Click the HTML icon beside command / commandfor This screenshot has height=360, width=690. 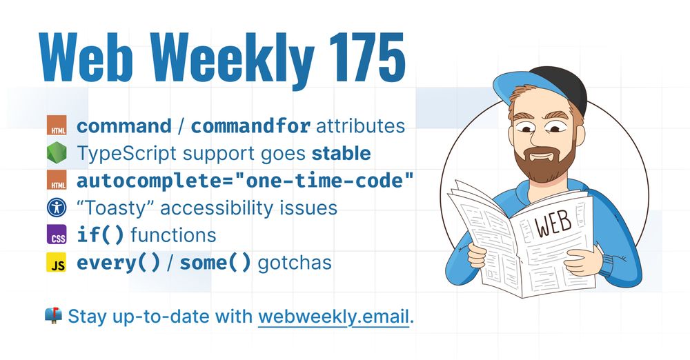(x=56, y=126)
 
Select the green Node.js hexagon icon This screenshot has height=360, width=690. (x=56, y=152)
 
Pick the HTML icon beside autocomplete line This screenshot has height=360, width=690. (x=56, y=180)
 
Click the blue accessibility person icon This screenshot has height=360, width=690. (x=56, y=207)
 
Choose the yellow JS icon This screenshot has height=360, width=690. (x=56, y=263)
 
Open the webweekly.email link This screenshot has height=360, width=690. (x=334, y=317)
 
